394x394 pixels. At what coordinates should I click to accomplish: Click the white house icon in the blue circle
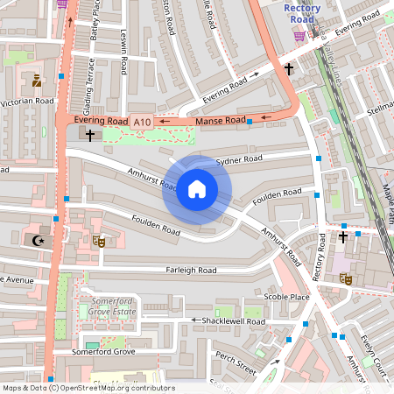pos(197,189)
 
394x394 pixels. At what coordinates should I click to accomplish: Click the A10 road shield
pos(141,121)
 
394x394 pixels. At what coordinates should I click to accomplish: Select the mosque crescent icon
pos(38,239)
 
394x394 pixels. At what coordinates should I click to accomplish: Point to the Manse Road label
pos(221,119)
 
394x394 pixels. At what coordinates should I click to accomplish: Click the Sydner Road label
pos(239,161)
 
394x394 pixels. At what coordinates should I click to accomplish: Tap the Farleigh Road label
pos(191,271)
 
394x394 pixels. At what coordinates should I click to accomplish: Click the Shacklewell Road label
pos(232,321)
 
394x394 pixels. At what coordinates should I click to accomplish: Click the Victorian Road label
pos(27,102)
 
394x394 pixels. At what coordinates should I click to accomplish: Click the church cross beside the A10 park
pos(89,135)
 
